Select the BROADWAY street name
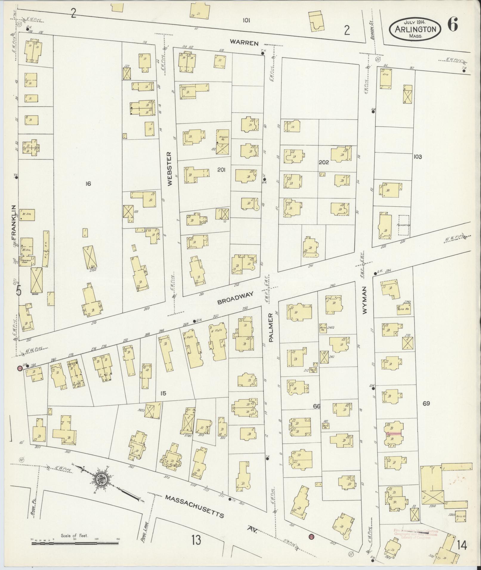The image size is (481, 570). pos(235,298)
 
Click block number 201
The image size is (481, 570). pos(221,170)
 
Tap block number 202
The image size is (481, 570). pos(324,162)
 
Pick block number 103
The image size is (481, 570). pos(417,157)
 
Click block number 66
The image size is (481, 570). pos(316,406)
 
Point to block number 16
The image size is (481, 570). pos(88,184)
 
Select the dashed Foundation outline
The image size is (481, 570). pos(404,226)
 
